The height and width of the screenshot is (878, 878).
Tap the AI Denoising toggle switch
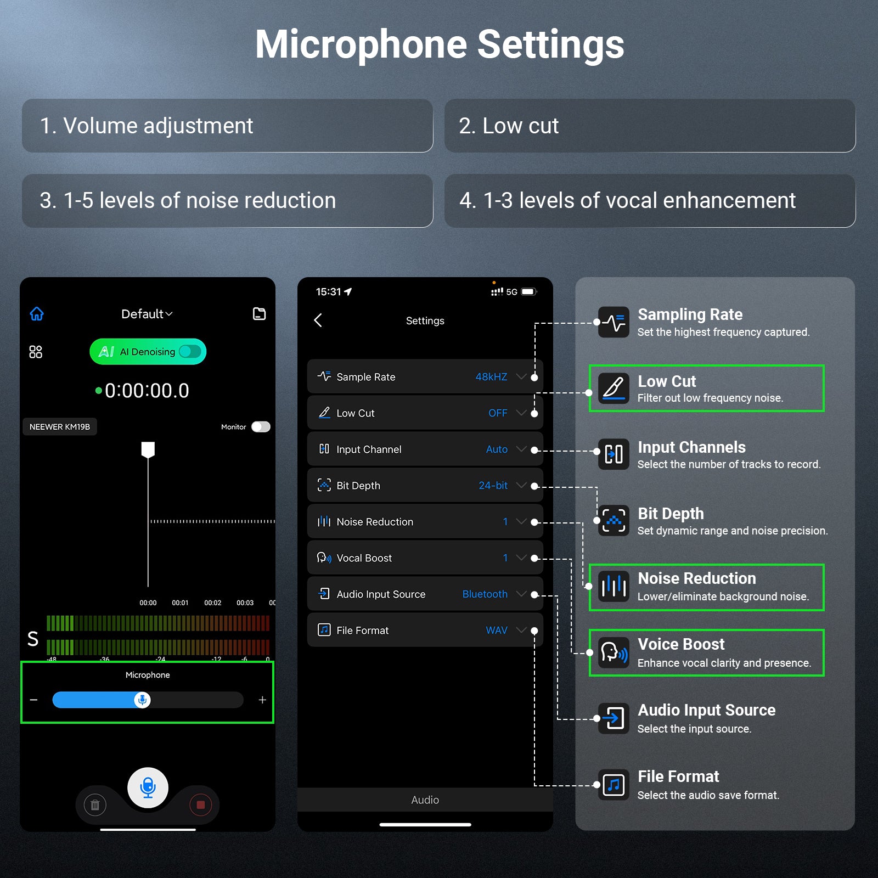(x=190, y=351)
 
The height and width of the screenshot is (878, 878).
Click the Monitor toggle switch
(x=261, y=427)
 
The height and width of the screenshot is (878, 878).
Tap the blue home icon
(x=37, y=314)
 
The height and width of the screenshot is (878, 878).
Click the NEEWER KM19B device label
(x=60, y=427)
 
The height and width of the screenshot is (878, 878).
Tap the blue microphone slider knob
(x=142, y=700)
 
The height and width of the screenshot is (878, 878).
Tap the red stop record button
(x=200, y=805)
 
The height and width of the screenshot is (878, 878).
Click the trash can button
(x=95, y=805)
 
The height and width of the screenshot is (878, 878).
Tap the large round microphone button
(x=148, y=787)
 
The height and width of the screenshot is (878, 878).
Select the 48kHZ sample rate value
(x=491, y=377)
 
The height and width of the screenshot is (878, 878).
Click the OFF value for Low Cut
(x=498, y=413)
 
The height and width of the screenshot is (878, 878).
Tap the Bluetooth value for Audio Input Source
(x=485, y=594)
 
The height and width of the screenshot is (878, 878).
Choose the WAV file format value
(x=497, y=631)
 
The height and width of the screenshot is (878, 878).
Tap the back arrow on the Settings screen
(x=318, y=320)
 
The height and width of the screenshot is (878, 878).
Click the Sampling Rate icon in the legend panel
(x=614, y=322)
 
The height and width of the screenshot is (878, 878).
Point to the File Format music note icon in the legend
(x=614, y=785)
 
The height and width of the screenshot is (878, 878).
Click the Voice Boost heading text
(x=681, y=644)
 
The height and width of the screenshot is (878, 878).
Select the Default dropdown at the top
(x=147, y=314)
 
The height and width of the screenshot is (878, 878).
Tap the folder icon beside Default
(x=259, y=314)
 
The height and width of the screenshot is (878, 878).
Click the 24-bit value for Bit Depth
(x=493, y=486)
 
